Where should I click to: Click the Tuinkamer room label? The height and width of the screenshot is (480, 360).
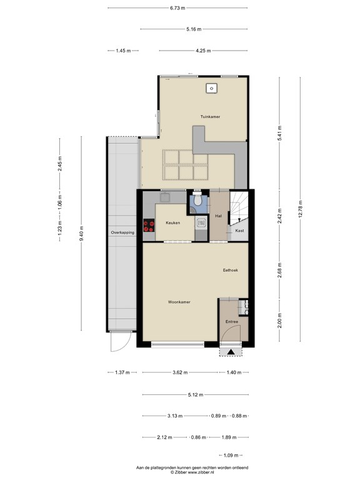click(210, 117)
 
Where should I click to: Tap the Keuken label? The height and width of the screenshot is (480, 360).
click(173, 223)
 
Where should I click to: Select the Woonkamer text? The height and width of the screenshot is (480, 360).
click(179, 302)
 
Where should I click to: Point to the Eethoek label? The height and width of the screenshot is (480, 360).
click(230, 270)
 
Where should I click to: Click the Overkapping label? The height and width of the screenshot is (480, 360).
click(122, 232)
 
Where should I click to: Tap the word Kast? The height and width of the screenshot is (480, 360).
click(240, 231)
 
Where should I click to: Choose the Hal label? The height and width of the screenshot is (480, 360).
click(218, 216)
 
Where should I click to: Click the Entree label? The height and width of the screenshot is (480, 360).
click(232, 322)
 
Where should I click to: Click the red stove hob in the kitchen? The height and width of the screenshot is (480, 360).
click(149, 226)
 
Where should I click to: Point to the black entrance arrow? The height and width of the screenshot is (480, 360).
click(231, 352)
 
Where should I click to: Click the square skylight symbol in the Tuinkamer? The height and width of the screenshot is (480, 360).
click(211, 88)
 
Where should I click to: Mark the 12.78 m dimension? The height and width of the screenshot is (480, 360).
click(300, 209)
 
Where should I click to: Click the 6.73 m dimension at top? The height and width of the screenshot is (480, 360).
click(177, 8)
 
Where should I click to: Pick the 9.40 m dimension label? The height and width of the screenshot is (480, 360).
click(81, 233)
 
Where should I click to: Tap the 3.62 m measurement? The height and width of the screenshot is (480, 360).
click(180, 372)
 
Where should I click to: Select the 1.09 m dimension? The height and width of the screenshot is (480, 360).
click(231, 456)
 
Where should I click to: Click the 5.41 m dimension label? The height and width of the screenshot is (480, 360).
click(279, 133)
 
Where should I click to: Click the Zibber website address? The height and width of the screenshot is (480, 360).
click(201, 472)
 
